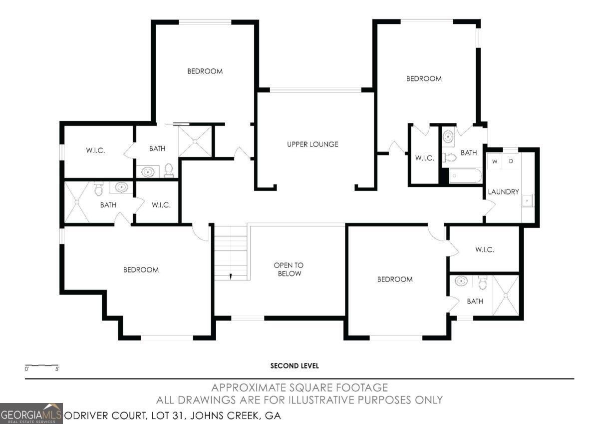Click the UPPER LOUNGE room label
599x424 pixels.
pyautogui.click(x=312, y=144)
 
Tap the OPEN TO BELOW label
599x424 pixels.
pyautogui.click(x=288, y=269)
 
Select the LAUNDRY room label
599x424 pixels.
pyautogui.click(x=503, y=191)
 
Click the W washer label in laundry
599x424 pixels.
pyautogui.click(x=495, y=161)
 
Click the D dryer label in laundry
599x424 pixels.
pyautogui.click(x=511, y=161)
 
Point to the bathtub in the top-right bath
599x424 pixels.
pyautogui.click(x=465, y=176)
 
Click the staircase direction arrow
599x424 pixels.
pyautogui.click(x=231, y=275)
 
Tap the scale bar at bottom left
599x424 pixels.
pyautogui.click(x=42, y=366)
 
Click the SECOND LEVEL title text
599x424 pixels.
pyautogui.click(x=295, y=366)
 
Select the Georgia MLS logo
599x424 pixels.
pyautogui.click(x=31, y=413)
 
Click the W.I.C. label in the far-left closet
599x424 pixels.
pyautogui.click(x=95, y=150)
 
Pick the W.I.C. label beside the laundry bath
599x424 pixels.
pyautogui.click(x=424, y=158)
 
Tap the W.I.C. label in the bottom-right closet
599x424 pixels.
pyautogui.click(x=485, y=249)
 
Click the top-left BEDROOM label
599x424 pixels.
pyautogui.click(x=205, y=71)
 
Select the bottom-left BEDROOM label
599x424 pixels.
pyautogui.click(x=141, y=270)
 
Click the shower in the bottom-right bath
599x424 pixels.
pyautogui.click(x=505, y=295)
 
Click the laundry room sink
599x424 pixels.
pyautogui.click(x=527, y=201)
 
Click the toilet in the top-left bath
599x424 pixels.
pyautogui.click(x=169, y=170)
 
